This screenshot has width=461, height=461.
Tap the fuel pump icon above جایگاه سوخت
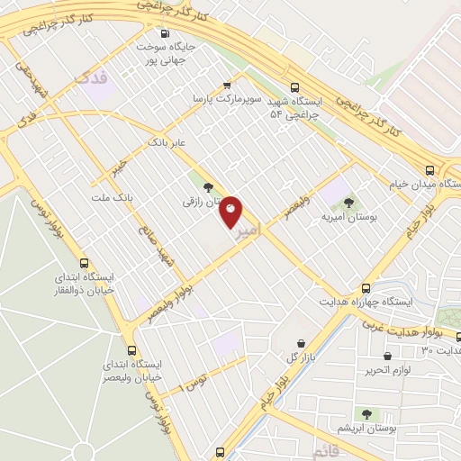point(164,34)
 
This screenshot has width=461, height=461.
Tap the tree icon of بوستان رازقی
point(209,188)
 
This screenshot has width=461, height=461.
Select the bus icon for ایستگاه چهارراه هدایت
point(365,286)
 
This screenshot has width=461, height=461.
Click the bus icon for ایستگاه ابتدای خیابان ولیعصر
point(132,351)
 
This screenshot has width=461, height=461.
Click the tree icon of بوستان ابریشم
point(366,413)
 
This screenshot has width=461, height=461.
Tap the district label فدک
point(93,79)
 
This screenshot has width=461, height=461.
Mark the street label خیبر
point(118,167)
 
